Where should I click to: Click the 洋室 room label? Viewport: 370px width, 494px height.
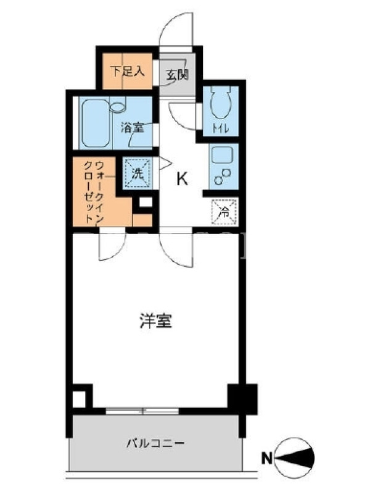[x=155, y=320]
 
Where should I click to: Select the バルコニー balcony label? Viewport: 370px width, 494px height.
[x=155, y=444]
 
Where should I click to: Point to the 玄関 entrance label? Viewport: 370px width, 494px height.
[x=177, y=75]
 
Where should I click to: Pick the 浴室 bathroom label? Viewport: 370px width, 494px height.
[x=133, y=128]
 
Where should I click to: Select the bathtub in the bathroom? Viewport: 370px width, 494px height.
[x=96, y=123]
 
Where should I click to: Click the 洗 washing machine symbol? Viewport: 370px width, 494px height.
[x=137, y=174]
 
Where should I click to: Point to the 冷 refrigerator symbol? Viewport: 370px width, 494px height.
[x=224, y=212]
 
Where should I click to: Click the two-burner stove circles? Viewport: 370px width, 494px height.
[x=223, y=176]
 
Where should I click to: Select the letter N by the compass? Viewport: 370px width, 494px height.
[x=268, y=458]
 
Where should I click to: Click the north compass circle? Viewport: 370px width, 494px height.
[x=294, y=458]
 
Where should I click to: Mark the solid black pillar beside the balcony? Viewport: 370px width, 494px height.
[x=242, y=399]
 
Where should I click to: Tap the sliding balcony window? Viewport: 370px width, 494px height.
[x=142, y=411]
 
